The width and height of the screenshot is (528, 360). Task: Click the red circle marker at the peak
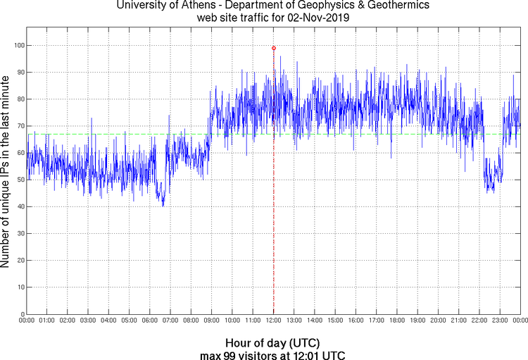[274, 48]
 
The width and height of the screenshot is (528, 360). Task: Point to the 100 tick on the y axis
[18, 45]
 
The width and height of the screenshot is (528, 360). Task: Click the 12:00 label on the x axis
[273, 321]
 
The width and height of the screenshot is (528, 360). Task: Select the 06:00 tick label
[150, 321]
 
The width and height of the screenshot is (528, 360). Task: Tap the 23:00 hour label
[500, 321]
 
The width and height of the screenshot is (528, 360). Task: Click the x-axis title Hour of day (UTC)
[272, 342]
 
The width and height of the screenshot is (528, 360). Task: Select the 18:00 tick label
[397, 321]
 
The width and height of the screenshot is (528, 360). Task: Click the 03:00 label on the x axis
[88, 321]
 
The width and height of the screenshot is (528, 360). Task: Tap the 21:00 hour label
[458, 321]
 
